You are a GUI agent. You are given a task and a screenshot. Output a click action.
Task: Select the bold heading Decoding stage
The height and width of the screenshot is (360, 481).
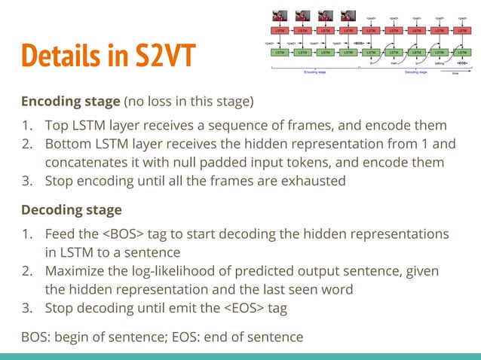pyautogui.click(x=71, y=209)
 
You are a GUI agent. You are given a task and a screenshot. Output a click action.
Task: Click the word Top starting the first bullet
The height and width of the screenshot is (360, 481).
pyautogui.click(x=57, y=125)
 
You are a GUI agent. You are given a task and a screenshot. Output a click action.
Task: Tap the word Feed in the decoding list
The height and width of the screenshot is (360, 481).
pyautogui.click(x=61, y=234)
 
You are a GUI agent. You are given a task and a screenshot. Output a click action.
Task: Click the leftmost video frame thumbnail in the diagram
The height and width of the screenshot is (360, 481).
pyautogui.click(x=279, y=15)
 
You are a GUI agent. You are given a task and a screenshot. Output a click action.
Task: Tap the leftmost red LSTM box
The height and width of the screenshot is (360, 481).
pyautogui.click(x=279, y=31)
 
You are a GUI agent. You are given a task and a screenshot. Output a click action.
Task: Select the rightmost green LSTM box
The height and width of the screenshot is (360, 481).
pyautogui.click(x=461, y=53)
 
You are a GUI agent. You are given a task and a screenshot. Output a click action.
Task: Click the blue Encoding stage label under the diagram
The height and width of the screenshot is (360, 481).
pyautogui.click(x=315, y=72)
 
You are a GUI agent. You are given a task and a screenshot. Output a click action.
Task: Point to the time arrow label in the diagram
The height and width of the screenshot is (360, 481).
pyautogui.click(x=455, y=74)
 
